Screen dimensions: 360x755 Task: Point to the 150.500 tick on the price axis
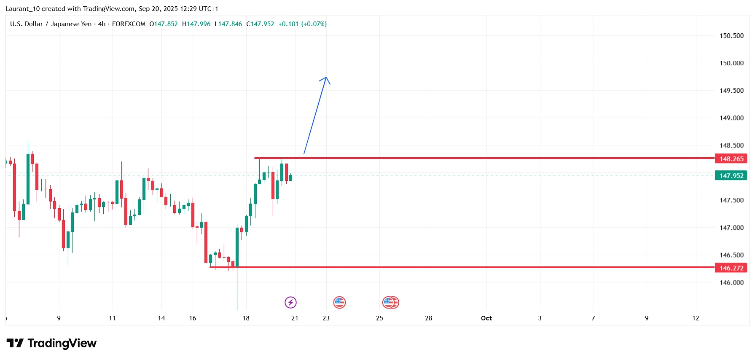(731, 36)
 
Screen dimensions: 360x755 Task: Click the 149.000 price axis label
(731, 118)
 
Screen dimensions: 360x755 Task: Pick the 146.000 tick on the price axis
(731, 282)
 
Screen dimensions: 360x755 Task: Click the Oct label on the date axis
(486, 318)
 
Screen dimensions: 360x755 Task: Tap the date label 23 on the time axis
(326, 318)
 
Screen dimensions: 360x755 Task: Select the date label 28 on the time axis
(428, 318)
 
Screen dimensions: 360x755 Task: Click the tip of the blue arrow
(326, 77)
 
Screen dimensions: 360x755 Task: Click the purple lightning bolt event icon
(290, 302)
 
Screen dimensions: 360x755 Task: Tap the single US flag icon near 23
(339, 302)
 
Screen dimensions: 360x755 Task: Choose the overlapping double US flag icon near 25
(390, 302)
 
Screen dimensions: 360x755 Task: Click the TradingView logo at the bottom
(51, 343)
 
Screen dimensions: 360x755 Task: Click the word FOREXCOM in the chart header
(129, 24)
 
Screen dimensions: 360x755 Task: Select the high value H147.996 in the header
(196, 24)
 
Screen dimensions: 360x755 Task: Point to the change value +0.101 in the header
(288, 24)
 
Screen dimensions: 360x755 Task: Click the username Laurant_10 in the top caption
(23, 9)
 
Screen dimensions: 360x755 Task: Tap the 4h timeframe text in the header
(102, 24)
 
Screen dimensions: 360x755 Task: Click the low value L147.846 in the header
(228, 24)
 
